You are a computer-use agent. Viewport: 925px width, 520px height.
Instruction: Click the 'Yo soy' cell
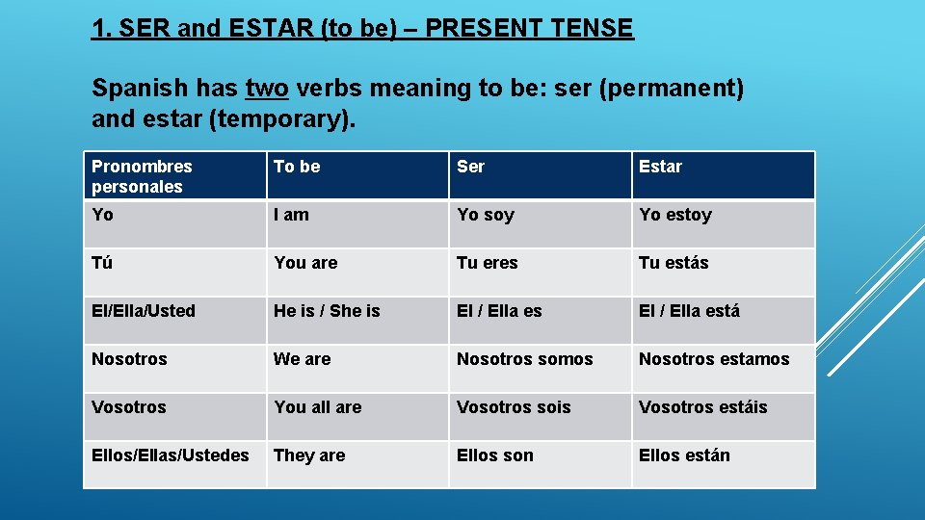pos(486,215)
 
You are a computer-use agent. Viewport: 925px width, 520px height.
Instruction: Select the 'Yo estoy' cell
pos(674,215)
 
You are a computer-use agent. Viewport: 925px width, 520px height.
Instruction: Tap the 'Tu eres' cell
pos(487,263)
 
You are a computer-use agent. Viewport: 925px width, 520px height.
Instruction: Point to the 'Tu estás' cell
pos(674,263)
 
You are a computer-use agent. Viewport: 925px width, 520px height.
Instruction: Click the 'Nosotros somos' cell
pos(524,359)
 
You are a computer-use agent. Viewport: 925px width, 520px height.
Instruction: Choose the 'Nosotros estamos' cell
pos(713,359)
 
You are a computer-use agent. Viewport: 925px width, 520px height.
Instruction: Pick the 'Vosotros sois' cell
pos(514,407)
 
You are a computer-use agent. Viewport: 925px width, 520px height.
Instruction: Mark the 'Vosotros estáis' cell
pos(702,407)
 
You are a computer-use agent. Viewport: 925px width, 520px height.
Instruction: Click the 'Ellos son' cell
pos(494,455)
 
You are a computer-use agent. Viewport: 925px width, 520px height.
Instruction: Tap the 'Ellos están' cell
pos(684,455)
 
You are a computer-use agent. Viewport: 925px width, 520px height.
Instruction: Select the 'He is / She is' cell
pos(327,311)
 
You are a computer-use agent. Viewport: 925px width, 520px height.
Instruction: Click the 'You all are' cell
pos(317,407)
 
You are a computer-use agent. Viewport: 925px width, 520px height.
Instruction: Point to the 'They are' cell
pos(308,455)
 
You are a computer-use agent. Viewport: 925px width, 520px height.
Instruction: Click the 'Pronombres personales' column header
pos(142,176)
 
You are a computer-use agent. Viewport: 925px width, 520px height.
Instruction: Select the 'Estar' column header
pos(660,167)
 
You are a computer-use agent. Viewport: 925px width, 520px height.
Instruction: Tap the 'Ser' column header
pos(470,167)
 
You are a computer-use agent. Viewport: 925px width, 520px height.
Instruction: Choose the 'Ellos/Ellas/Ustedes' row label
pos(170,455)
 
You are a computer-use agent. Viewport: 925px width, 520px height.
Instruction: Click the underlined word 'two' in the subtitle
pos(267,89)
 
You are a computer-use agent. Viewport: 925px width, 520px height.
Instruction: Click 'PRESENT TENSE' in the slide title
pos(529,28)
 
